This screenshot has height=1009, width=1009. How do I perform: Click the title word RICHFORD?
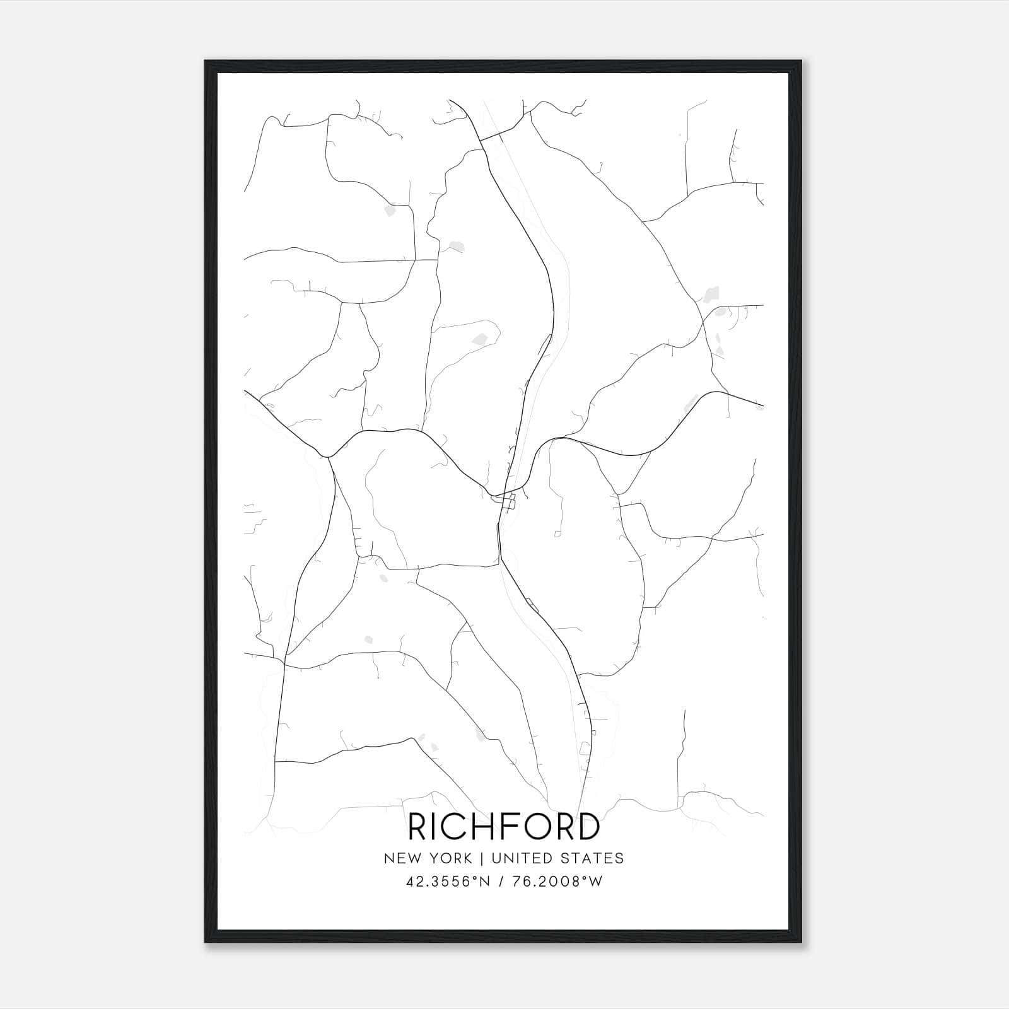pyautogui.click(x=504, y=827)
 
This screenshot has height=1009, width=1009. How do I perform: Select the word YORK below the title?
pyautogui.click(x=451, y=858)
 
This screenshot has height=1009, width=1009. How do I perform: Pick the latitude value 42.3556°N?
pyautogui.click(x=448, y=882)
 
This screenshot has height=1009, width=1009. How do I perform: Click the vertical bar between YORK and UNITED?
pyautogui.click(x=482, y=858)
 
